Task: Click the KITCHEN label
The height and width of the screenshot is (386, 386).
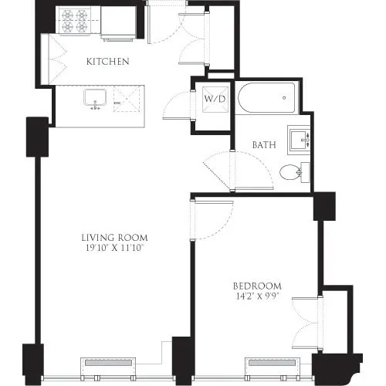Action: (107, 61)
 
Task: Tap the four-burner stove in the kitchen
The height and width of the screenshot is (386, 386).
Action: (74, 21)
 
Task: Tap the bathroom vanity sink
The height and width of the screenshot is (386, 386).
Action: (298, 140)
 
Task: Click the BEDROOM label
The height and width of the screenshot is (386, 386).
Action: (256, 285)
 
